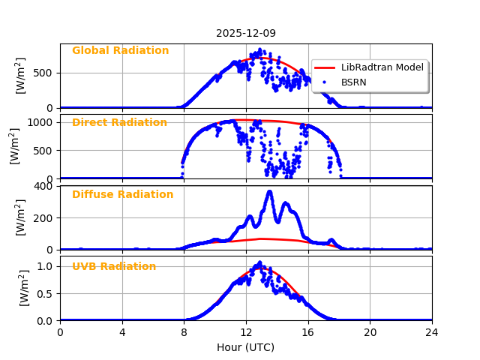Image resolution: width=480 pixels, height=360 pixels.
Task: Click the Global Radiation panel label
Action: point(120,51)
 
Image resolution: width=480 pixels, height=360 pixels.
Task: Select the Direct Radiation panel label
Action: point(119,123)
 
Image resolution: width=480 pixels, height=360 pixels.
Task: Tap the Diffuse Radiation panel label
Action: point(122,195)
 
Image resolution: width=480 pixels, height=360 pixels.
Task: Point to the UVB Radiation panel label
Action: point(114,267)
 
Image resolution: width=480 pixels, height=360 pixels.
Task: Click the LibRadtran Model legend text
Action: point(382,67)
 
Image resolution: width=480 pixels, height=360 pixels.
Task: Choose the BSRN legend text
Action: point(353,82)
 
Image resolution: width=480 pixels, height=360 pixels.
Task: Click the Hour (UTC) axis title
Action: point(246,348)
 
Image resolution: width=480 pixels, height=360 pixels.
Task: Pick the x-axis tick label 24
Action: point(431,332)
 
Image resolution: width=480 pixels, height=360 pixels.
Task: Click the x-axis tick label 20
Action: point(370,332)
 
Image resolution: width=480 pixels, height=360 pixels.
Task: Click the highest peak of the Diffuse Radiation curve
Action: point(269,192)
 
